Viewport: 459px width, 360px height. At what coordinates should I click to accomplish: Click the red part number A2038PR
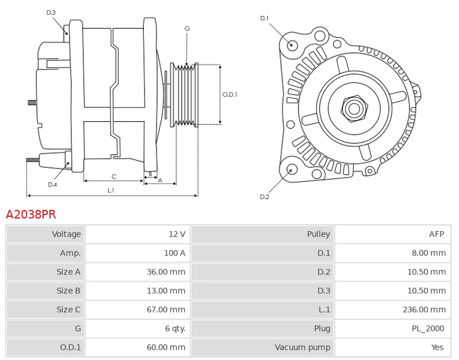click(30, 215)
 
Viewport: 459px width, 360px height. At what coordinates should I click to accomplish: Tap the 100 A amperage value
click(174, 253)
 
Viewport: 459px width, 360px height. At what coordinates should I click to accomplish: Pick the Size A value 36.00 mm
click(166, 272)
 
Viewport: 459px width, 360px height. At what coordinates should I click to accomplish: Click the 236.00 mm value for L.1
click(424, 309)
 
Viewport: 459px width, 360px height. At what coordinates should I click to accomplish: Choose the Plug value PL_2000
click(428, 328)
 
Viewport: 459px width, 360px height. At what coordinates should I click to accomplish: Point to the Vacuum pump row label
click(303, 347)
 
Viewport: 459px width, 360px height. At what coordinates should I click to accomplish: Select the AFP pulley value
click(437, 234)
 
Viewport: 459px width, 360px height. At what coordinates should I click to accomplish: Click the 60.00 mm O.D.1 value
click(166, 347)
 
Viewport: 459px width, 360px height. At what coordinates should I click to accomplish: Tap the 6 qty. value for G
click(175, 328)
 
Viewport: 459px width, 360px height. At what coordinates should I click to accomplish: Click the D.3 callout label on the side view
click(51, 13)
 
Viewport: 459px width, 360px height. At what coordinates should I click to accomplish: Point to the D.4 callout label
click(52, 185)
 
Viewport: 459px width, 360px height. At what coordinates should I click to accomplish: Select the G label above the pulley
click(187, 28)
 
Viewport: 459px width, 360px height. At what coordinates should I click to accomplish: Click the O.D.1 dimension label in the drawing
click(230, 94)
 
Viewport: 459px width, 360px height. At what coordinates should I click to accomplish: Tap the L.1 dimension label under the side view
click(110, 190)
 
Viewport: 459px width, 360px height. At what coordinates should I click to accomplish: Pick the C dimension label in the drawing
click(114, 177)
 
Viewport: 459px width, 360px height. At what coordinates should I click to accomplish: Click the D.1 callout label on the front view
click(265, 18)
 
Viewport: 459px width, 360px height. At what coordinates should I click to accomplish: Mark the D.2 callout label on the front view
click(265, 197)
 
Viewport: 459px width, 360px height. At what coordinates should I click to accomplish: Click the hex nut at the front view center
click(354, 109)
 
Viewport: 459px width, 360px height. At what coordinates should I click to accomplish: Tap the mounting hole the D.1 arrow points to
click(292, 45)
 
